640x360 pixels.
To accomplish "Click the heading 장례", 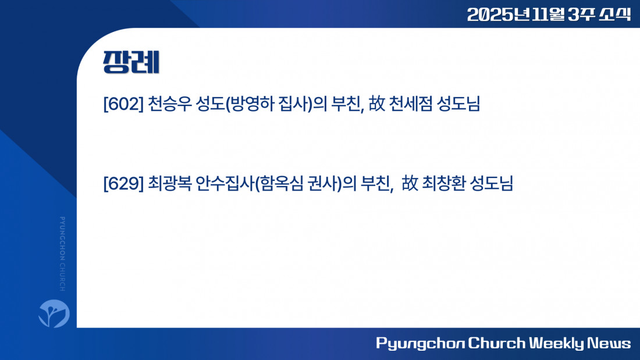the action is tap(131, 62).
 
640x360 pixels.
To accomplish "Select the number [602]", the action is tap(123, 104).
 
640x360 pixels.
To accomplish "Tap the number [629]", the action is tap(123, 183).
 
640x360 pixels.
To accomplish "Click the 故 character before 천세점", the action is tap(377, 104).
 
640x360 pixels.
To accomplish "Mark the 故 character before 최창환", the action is tap(410, 183).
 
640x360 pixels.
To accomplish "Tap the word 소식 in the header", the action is tap(615, 15).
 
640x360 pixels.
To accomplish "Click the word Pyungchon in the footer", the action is tap(420, 343).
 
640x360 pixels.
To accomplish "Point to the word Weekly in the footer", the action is tap(556, 343).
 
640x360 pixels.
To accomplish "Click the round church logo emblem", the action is tap(54, 313).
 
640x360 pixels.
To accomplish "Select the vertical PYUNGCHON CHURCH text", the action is tap(62, 254).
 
